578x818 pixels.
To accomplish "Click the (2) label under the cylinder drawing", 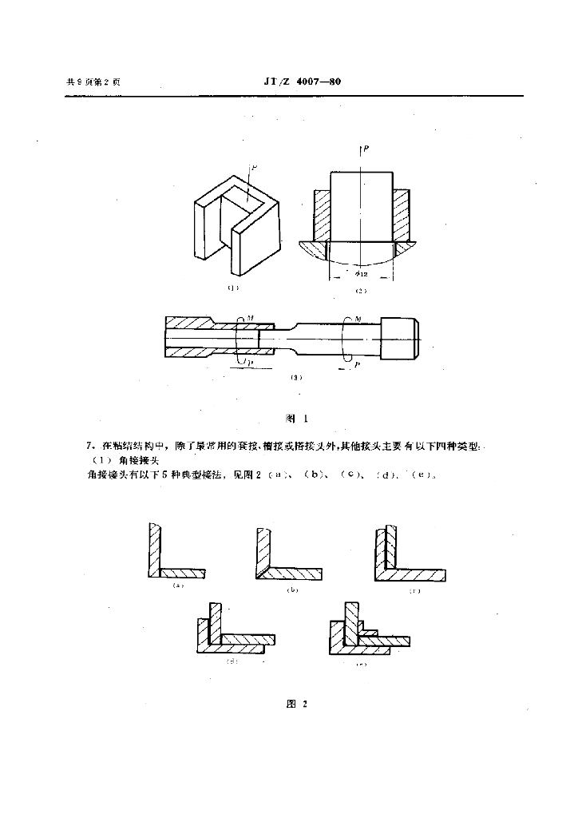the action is pos(360,290).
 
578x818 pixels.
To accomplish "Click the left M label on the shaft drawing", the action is pos(251,319).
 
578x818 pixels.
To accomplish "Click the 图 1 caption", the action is pos(296,418).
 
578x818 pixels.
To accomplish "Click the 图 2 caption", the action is pos(296,703).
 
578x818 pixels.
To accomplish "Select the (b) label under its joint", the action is pos(292,591).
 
